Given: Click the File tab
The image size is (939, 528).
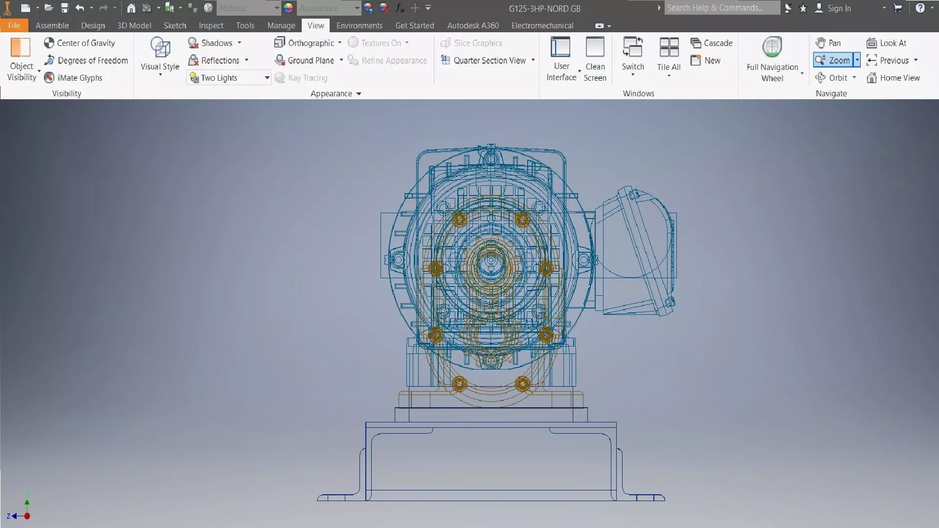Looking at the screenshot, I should (14, 25).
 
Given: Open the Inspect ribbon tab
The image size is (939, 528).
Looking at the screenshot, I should (211, 25).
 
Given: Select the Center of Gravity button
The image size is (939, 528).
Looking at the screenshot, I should (80, 43).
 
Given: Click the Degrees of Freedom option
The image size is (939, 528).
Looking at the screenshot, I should (86, 61).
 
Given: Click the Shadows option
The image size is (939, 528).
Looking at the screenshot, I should (210, 43).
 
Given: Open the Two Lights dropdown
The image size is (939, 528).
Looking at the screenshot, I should (267, 78).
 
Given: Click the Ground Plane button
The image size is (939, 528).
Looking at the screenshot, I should (305, 61).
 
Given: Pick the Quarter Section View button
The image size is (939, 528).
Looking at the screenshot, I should (484, 61).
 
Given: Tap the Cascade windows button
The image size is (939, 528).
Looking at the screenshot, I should (712, 43).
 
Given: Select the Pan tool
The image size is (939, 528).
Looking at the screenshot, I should (828, 43).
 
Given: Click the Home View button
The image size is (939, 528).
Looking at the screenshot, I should (894, 78).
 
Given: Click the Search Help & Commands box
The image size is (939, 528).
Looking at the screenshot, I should (721, 8).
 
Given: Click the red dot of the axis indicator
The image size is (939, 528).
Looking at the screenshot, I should (27, 516).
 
